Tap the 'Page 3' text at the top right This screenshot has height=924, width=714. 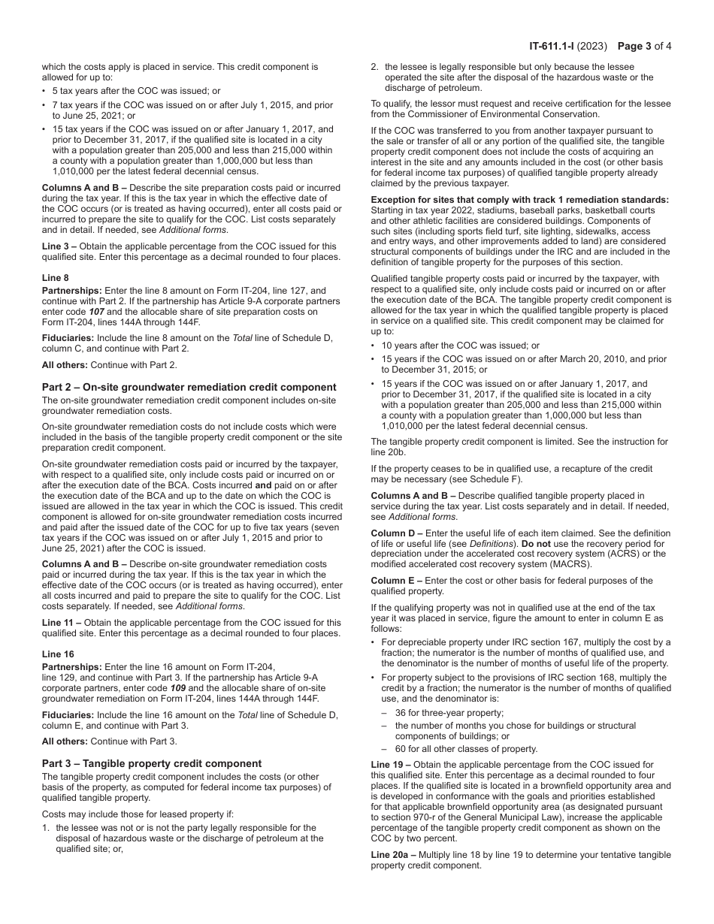tap(638, 46)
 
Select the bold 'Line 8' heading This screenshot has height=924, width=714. tap(56, 277)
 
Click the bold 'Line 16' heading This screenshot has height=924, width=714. tap(58, 654)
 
